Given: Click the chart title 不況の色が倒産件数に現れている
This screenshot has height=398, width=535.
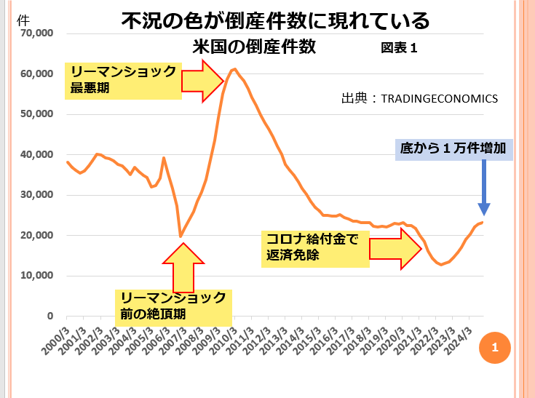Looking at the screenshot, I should (275, 20).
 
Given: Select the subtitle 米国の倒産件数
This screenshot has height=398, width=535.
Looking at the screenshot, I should (254, 47).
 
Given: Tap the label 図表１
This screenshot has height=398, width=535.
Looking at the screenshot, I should (398, 49).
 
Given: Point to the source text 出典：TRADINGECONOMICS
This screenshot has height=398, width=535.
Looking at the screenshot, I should (419, 98).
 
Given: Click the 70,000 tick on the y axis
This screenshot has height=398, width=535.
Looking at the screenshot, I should (34, 33).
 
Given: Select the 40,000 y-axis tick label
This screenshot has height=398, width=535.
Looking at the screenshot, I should (34, 154).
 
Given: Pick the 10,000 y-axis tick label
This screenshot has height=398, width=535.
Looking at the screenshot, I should (34, 276).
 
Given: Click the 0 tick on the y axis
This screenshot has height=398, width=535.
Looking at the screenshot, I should (50, 317).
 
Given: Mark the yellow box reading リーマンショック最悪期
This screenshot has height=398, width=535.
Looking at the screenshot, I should (122, 80).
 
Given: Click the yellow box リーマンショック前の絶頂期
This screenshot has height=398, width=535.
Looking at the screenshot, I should (173, 306).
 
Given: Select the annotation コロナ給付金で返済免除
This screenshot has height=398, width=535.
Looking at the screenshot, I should (313, 247).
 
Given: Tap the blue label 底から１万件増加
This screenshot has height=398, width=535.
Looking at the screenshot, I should (456, 150).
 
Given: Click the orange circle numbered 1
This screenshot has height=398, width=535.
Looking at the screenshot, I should (494, 349).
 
